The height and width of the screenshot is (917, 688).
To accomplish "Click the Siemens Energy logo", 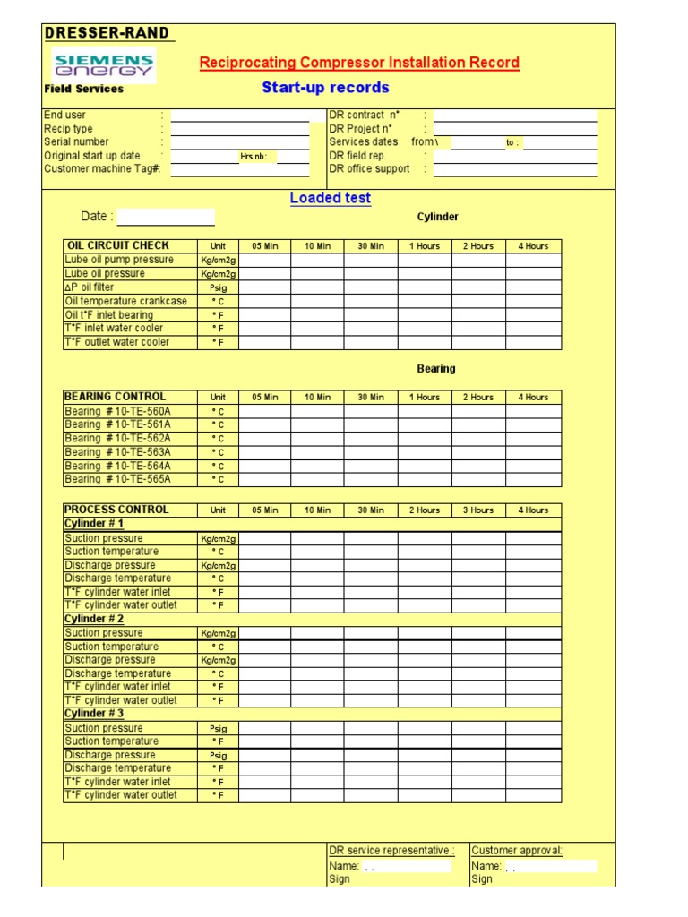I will pos(104,64).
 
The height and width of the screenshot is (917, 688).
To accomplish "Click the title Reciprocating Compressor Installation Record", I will pos(359,63).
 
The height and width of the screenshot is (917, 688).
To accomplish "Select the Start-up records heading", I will pos(325,88).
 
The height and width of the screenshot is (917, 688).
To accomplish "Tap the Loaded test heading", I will pos(330,198).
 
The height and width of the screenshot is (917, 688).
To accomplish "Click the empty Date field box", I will pos(166,217).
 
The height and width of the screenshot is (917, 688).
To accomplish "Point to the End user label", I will pos(64,116).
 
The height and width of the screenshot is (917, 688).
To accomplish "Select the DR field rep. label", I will pos(357,156).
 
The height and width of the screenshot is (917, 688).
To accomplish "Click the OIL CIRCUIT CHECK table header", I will pos(117,245).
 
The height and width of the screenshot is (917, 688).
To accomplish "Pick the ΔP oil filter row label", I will pos(90,287).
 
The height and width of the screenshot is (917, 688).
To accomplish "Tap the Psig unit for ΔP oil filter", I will pos(219,288).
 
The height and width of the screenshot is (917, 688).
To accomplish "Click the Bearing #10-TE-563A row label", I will pos(117,452).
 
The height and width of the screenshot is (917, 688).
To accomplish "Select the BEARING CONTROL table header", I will pos(115,397).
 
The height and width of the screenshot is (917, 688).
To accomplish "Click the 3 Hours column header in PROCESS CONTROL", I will pos(477,510).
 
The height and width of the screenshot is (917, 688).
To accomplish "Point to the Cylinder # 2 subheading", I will pos(94,619).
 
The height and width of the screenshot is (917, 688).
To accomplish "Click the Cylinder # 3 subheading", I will pos(94,714).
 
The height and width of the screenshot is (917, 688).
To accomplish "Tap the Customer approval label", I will pos(517,851).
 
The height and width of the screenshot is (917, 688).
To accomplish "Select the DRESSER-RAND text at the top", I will pos(107,33).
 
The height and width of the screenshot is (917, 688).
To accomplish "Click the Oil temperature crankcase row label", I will pos(126,302).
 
